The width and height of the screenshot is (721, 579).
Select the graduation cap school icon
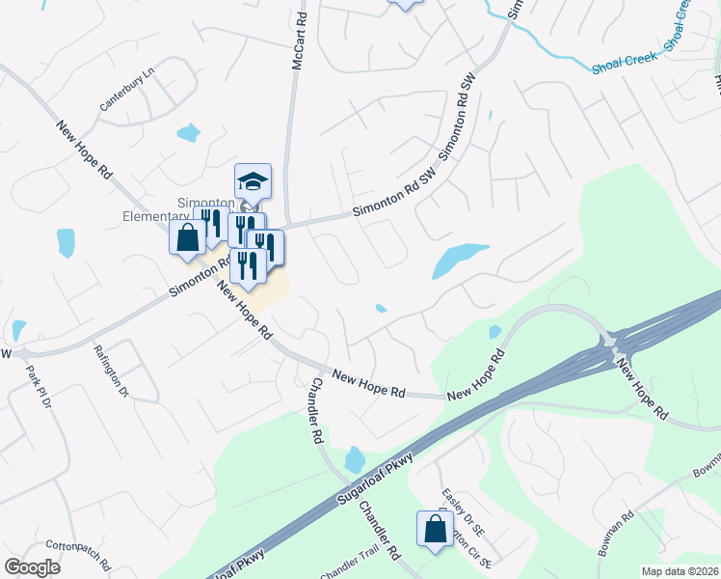(253, 180)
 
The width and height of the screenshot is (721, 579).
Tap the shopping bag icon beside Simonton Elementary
(188, 237)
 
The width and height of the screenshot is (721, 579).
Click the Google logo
(32, 567)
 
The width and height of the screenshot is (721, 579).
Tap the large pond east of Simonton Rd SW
(457, 259)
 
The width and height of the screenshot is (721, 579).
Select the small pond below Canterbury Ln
(188, 132)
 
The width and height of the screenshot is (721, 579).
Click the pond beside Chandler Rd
(354, 458)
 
